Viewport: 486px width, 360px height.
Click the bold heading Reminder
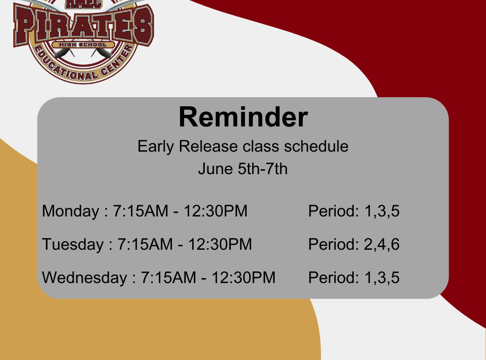click(243, 117)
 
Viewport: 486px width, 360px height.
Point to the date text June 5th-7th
click(243, 169)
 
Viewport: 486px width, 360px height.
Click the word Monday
click(70, 211)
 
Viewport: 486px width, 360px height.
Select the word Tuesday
click(73, 244)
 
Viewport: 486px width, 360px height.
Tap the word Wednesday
click(85, 278)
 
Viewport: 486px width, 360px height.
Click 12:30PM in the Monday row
click(216, 211)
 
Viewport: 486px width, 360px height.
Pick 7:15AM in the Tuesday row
click(145, 244)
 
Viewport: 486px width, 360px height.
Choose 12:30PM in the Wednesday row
click(243, 278)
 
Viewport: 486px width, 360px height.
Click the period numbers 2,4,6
click(382, 245)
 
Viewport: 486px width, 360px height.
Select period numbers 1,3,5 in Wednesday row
click(382, 278)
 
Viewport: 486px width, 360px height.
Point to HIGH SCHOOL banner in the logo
click(83, 45)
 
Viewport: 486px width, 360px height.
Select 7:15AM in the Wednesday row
click(169, 278)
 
